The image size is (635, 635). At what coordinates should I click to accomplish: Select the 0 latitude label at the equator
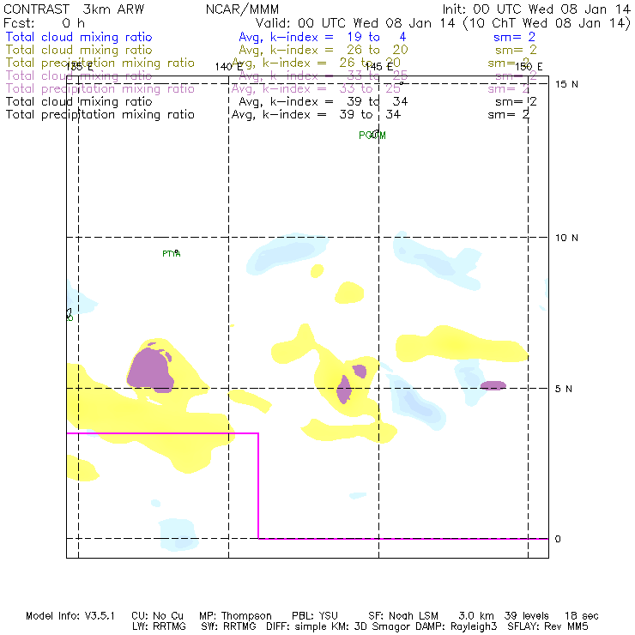558,539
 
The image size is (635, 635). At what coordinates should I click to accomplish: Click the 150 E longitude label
529,66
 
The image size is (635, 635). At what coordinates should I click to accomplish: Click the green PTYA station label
172,253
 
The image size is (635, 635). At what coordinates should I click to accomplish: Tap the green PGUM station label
372,135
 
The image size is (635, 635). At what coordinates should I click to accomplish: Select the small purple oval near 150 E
493,385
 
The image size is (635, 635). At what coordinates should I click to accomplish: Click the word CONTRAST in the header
34,9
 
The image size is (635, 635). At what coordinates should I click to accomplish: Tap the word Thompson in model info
246,616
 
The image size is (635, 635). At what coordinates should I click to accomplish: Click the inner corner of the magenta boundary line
258,433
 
